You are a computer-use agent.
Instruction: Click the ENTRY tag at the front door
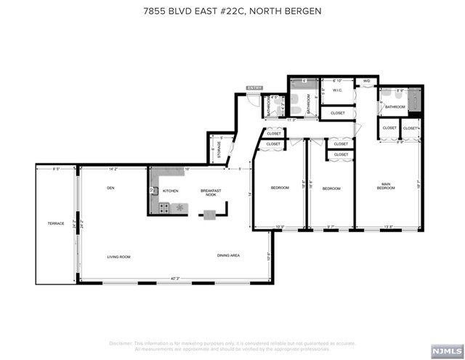pyautogui.click(x=254, y=88)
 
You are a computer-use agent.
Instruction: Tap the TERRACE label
pyautogui.click(x=56, y=223)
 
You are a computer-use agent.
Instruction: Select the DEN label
pyautogui.click(x=111, y=188)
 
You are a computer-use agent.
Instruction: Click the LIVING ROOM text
pyautogui.click(x=118, y=256)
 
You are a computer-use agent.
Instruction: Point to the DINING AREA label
pyautogui.click(x=228, y=256)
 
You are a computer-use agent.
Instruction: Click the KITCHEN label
pyautogui.click(x=170, y=191)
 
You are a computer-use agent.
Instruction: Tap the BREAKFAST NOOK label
pyautogui.click(x=210, y=193)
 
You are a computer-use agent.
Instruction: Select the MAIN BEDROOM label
pyautogui.click(x=386, y=186)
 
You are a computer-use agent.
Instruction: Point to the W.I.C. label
pyautogui.click(x=337, y=91)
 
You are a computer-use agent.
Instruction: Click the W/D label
pyautogui.click(x=367, y=80)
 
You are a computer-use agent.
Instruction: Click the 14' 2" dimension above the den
pyautogui.click(x=113, y=169)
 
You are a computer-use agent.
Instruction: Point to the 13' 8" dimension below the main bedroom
pyautogui.click(x=389, y=227)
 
